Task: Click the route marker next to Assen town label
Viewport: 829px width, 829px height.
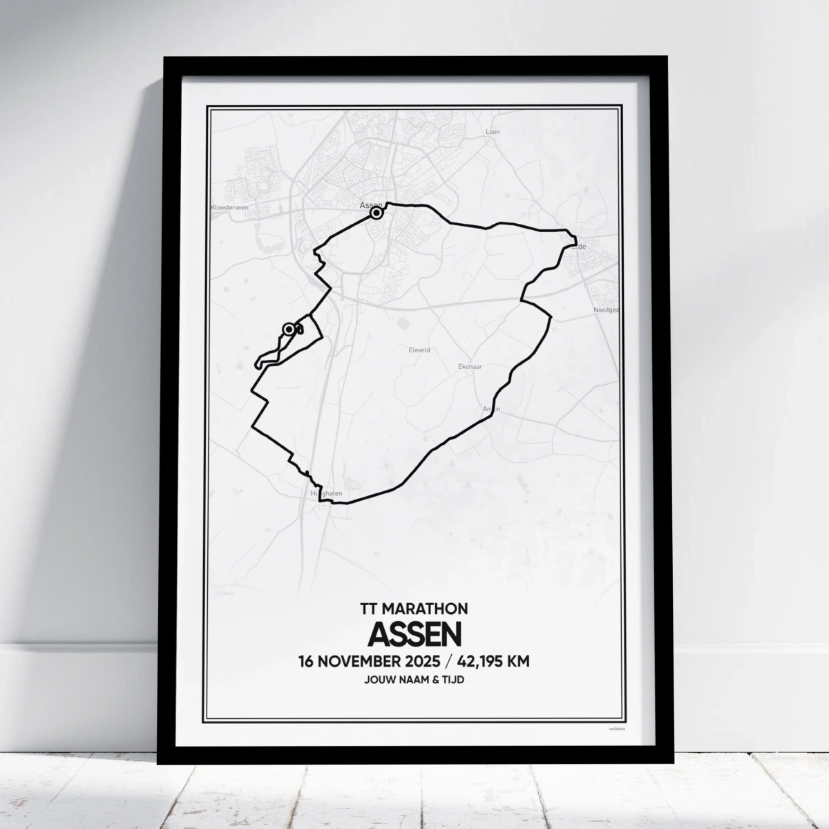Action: point(377,213)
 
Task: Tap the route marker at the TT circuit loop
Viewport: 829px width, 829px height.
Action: point(288,330)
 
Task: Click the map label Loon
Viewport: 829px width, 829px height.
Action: point(493,131)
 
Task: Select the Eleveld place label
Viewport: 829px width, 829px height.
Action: point(419,350)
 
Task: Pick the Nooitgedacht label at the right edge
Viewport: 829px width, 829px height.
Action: point(605,310)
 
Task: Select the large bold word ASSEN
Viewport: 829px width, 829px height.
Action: point(414,633)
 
